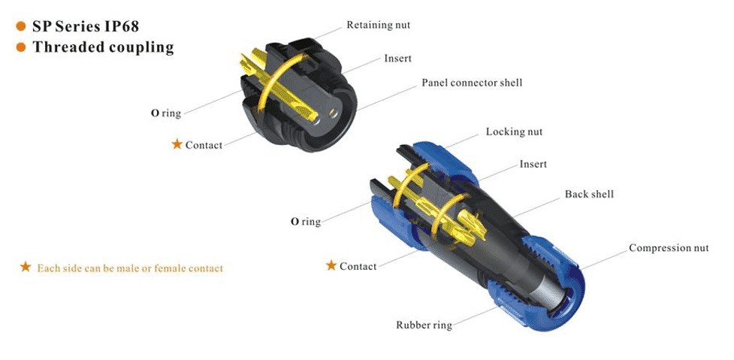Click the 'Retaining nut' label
tap(378, 25)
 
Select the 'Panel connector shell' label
tap(472, 83)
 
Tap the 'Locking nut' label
tap(514, 132)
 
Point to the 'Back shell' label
tap(589, 194)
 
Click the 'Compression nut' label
tap(669, 248)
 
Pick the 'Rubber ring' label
tap(424, 325)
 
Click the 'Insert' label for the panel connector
tap(398, 59)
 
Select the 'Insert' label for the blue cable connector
tap(533, 165)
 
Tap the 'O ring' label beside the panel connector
tap(166, 113)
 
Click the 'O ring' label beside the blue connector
tap(306, 222)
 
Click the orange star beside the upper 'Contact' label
tap(177, 144)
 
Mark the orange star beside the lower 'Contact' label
tap(331, 265)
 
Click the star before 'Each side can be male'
tap(26, 268)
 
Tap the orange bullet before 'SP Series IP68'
tap(20, 26)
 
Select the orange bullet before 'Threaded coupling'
tap(20, 47)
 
